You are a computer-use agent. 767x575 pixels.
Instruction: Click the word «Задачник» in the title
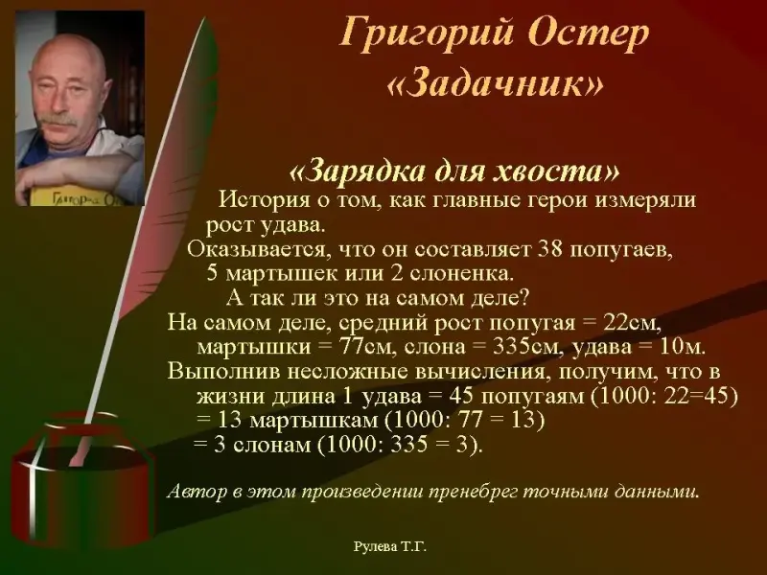pos(495,84)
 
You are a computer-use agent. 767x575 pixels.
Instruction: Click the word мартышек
pos(273,273)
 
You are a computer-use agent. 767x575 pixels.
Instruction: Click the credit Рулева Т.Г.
pos(390,546)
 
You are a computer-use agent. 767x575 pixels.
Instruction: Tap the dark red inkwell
pos(83,483)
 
